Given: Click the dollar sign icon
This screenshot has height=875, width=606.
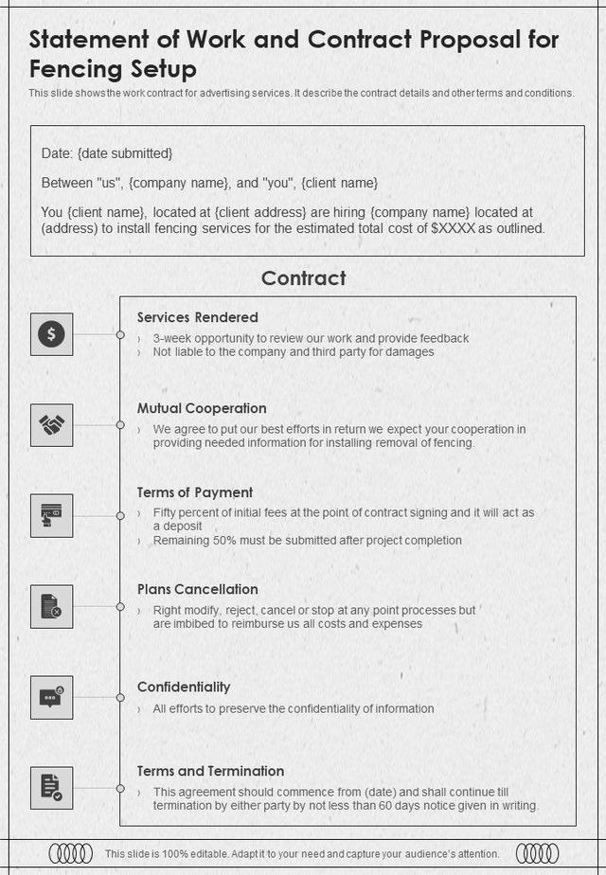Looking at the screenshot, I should click(x=51, y=334).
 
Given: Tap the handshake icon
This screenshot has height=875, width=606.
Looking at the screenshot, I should click(x=51, y=425).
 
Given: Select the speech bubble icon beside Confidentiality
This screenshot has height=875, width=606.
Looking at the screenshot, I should click(x=51, y=697).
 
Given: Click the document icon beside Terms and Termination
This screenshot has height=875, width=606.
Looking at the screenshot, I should click(x=51, y=788).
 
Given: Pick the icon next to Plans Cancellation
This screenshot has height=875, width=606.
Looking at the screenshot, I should click(x=51, y=606).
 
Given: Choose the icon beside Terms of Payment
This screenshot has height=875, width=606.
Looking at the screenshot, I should click(x=51, y=516).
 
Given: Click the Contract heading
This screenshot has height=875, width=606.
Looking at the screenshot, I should click(x=303, y=277).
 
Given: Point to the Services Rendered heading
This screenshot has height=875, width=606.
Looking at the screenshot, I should click(x=197, y=317).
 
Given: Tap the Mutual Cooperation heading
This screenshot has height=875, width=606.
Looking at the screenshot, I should click(x=202, y=408).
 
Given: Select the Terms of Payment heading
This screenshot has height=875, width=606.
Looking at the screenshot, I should click(x=194, y=492).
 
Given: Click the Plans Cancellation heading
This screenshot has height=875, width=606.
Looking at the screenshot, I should click(x=197, y=589).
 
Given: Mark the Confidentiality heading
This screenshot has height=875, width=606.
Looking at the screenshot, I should click(x=184, y=687).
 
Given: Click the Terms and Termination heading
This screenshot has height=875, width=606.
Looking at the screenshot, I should click(x=210, y=771).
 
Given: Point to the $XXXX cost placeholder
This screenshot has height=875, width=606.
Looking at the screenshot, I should click(x=453, y=228).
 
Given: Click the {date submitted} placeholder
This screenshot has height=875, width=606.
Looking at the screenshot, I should click(x=125, y=153).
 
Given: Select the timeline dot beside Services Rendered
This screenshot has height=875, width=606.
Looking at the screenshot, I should click(x=120, y=335).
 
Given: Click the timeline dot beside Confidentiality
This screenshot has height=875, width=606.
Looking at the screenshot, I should click(x=120, y=697).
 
